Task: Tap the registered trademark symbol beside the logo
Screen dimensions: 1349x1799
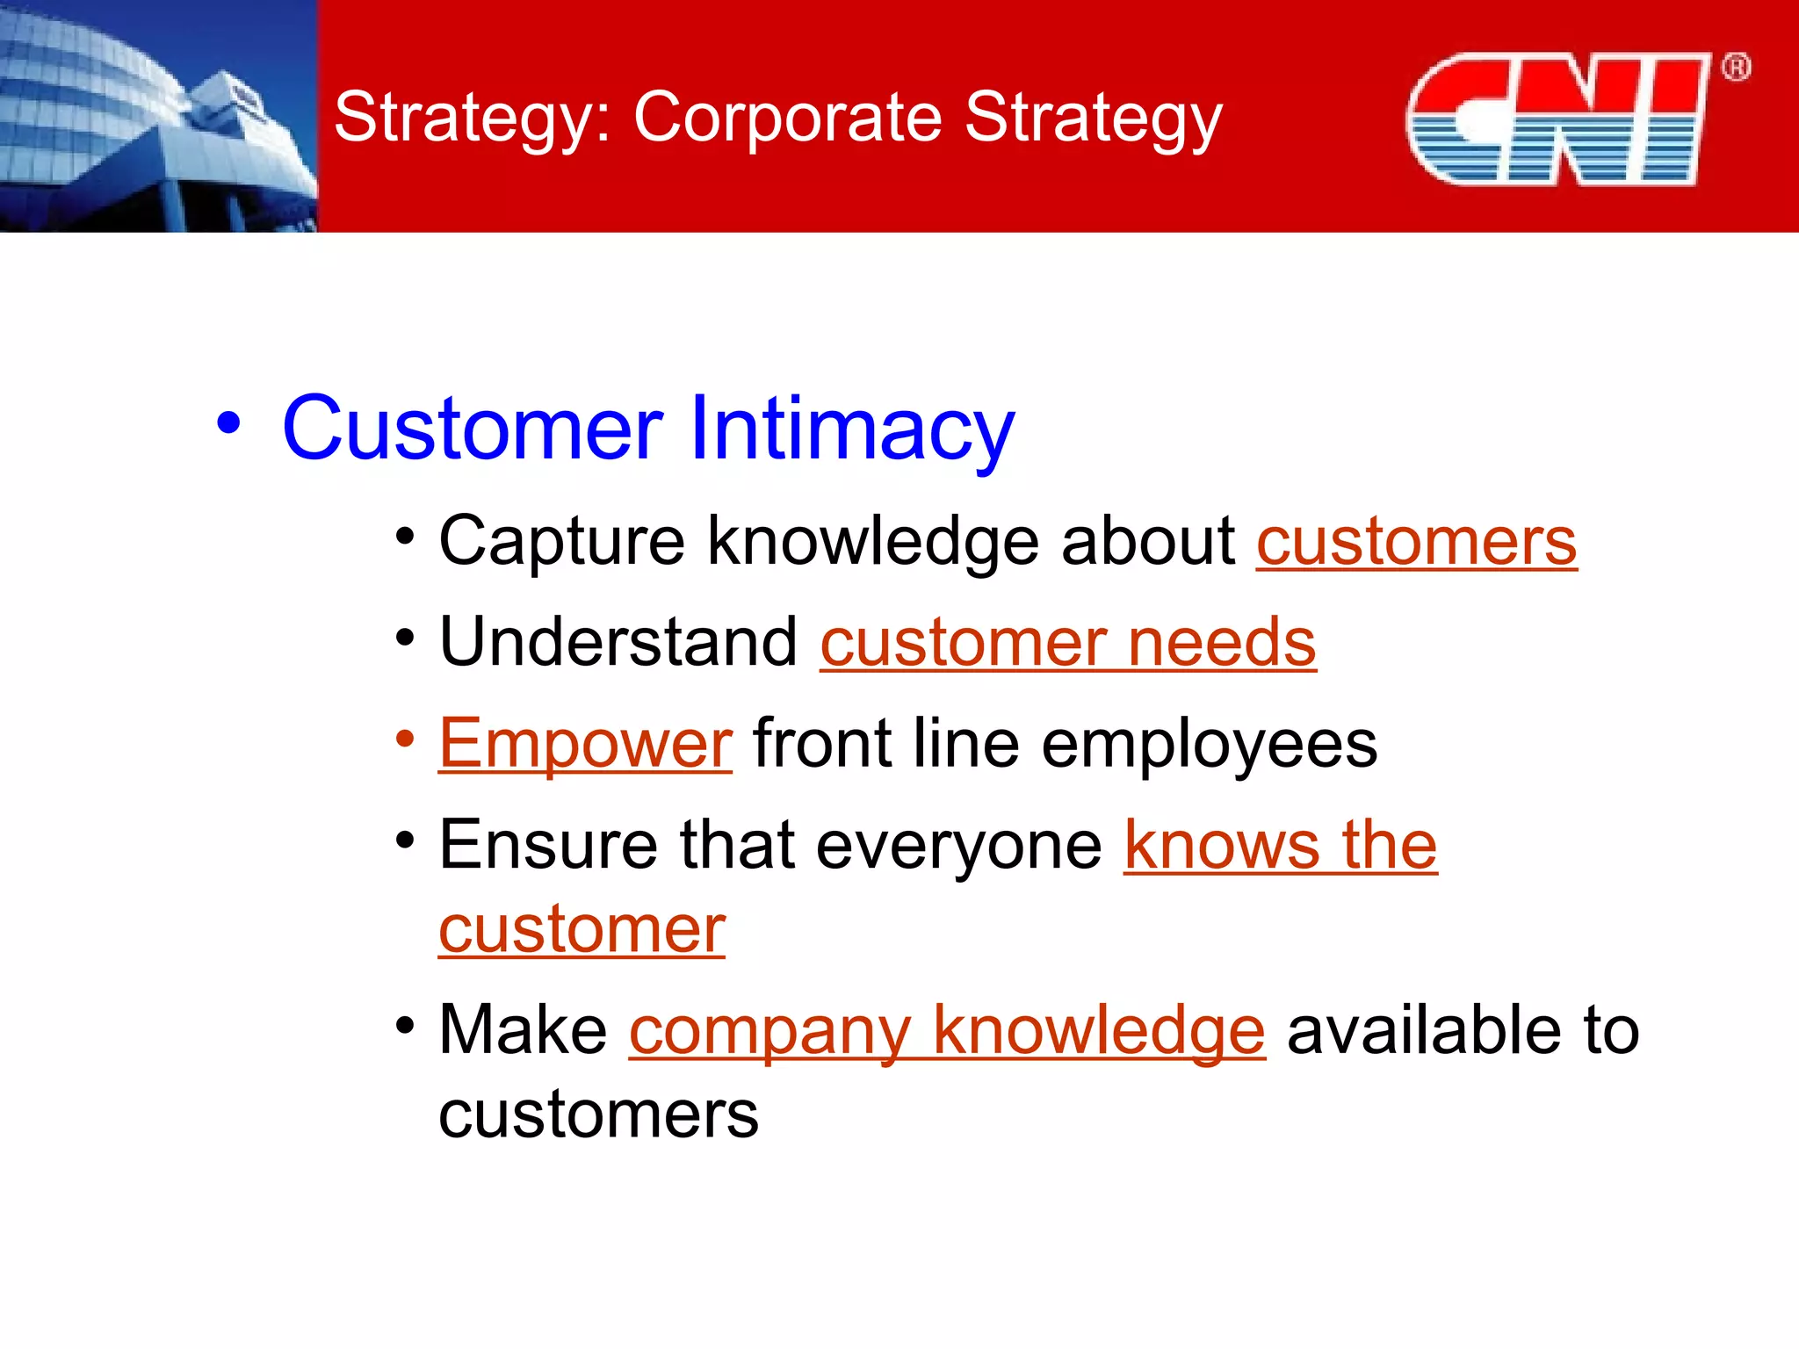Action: point(1736,67)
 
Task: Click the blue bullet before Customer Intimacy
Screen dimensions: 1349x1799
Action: point(228,424)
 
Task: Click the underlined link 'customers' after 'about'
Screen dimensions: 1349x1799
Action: point(1416,542)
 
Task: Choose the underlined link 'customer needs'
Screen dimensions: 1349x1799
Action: point(1067,643)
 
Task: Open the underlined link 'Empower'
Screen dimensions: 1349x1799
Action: point(585,744)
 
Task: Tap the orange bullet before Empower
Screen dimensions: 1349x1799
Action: point(404,739)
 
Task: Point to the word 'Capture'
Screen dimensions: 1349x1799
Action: point(561,542)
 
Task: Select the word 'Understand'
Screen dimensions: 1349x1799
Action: point(618,642)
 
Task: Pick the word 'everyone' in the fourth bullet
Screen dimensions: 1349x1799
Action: point(958,846)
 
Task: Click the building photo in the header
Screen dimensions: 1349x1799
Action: point(158,116)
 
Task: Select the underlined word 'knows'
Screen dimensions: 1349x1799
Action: point(1222,846)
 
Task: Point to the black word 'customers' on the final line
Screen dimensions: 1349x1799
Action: point(598,1115)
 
